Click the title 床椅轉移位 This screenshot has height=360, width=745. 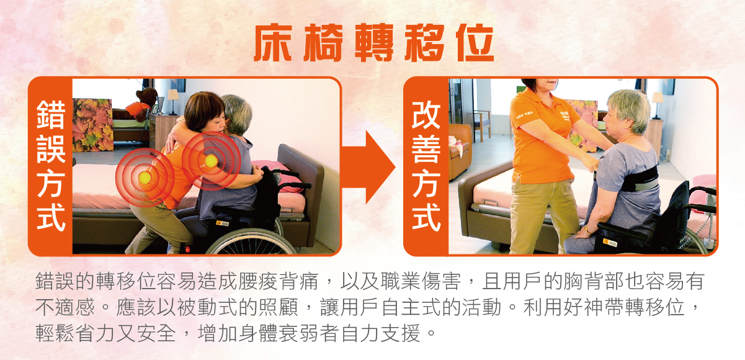coord(374,43)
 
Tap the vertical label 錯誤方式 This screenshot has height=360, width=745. coord(50,166)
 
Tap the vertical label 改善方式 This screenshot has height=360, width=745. coord(426,166)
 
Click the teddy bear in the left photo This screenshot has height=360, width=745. coord(140,104)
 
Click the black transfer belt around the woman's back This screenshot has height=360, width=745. coord(639,179)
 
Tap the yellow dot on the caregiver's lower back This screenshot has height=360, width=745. coord(145,178)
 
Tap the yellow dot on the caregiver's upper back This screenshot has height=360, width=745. coord(211,161)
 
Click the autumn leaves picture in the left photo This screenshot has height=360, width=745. coord(93,125)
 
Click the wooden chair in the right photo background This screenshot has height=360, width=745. coord(482,125)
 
